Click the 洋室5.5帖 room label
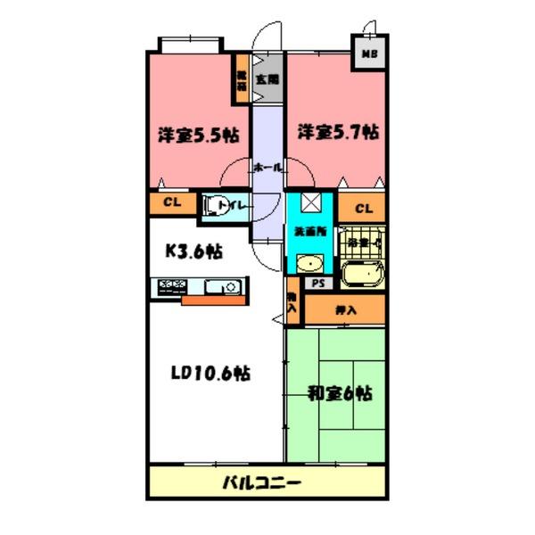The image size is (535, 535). point(198,136)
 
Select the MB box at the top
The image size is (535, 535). point(367,53)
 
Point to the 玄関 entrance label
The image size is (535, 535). point(266,79)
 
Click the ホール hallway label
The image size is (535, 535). point(268,168)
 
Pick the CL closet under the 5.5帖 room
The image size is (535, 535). point(172,202)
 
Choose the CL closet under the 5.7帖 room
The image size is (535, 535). point(363,209)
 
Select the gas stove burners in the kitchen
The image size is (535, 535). point(173,286)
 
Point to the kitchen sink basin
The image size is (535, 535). point(220,286)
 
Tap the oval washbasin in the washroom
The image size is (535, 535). point(309,264)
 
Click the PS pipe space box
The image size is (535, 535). point(317,283)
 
